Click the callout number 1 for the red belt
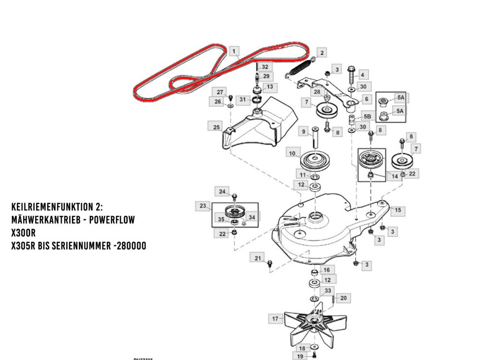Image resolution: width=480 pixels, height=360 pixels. [x=234, y=51]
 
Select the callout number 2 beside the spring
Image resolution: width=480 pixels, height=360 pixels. [x=321, y=53]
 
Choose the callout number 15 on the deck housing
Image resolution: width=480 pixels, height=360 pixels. [x=397, y=210]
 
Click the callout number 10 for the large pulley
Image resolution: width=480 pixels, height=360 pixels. [x=291, y=153]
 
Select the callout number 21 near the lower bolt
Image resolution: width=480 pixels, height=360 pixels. [x=258, y=259]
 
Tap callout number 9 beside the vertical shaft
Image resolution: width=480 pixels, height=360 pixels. [x=303, y=131]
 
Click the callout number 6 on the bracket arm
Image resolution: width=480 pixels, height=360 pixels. [x=367, y=99]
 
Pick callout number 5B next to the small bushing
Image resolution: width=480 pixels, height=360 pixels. [x=367, y=117]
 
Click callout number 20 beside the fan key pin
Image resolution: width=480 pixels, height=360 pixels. [x=343, y=298]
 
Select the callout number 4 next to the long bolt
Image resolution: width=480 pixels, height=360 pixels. [x=363, y=75]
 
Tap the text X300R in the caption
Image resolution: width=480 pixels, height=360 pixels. [x=24, y=232]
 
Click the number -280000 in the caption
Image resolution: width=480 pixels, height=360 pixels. [x=125, y=245]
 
